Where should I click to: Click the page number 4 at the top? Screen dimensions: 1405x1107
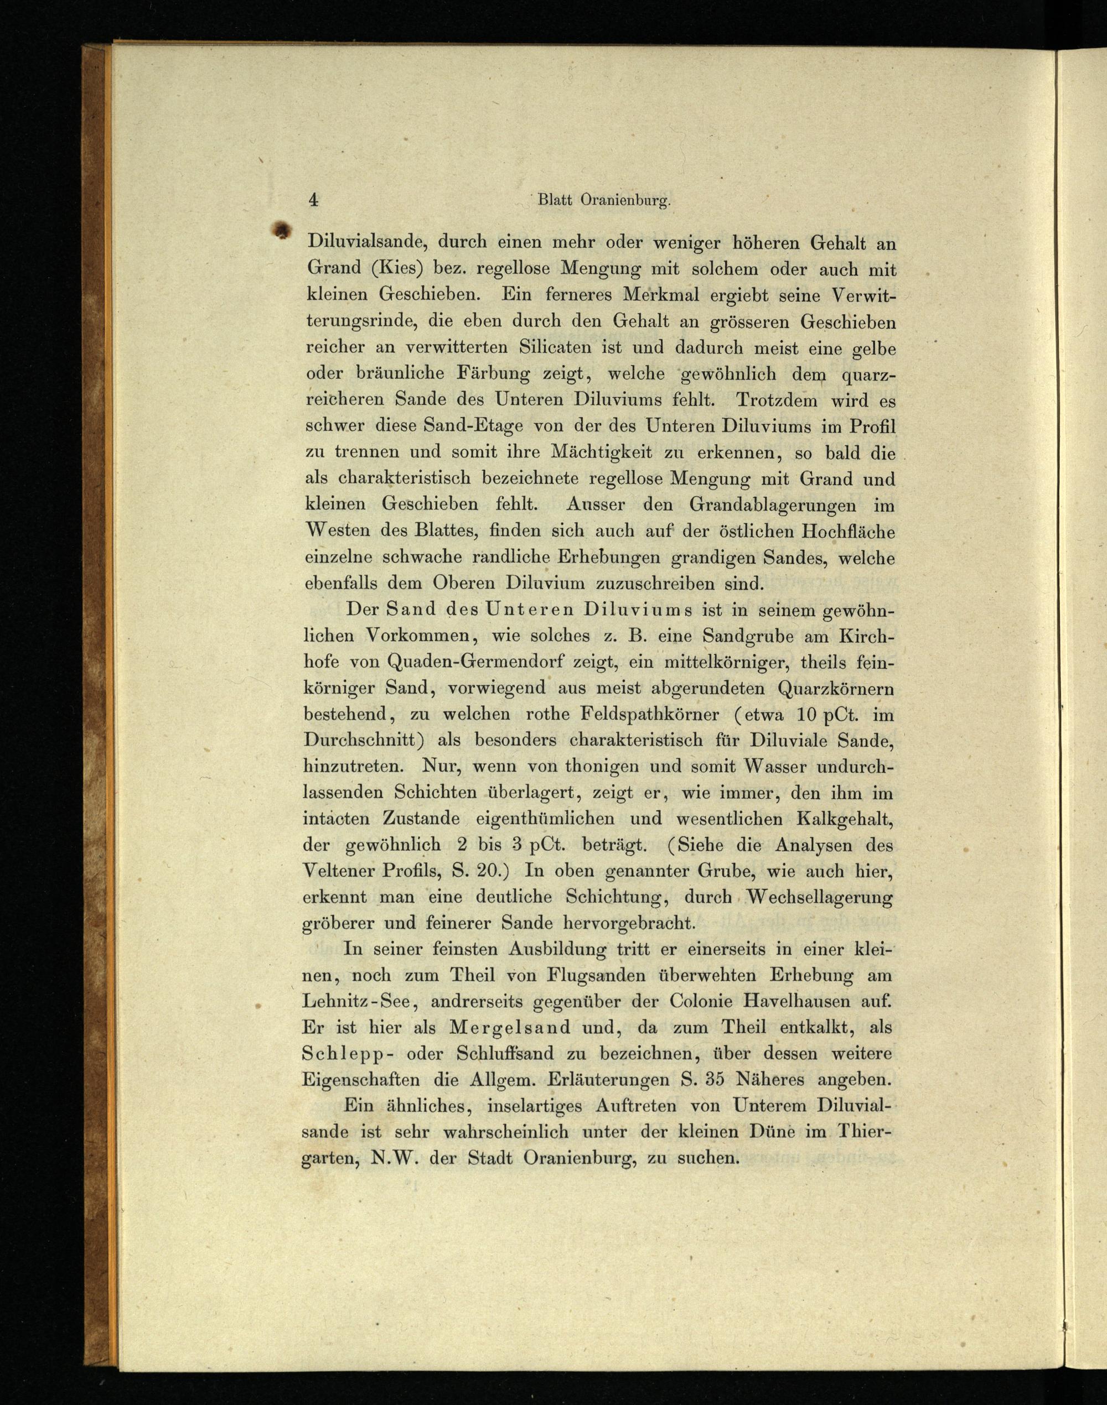tap(314, 200)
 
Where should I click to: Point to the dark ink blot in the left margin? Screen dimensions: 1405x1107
tap(280, 230)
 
